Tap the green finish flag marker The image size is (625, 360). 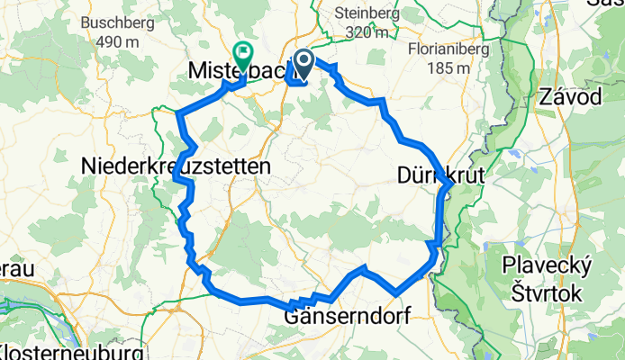(x=242, y=52)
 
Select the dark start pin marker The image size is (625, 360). (x=302, y=61)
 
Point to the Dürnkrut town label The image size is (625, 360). (x=440, y=177)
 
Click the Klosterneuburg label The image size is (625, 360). (x=71, y=350)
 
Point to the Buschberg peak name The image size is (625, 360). (x=121, y=22)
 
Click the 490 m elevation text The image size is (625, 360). (x=121, y=41)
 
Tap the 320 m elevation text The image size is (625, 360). (x=366, y=32)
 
